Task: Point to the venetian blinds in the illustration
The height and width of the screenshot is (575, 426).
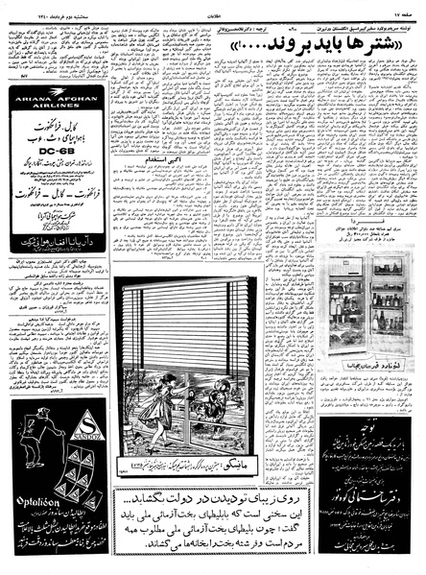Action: click(182, 326)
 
